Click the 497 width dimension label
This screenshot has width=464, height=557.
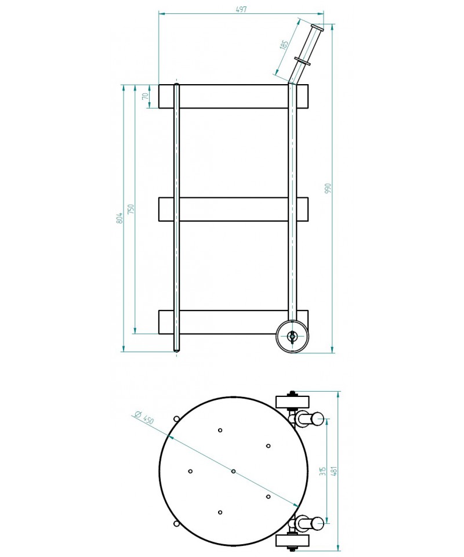tap(241, 9)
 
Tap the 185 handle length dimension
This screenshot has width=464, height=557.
tap(284, 45)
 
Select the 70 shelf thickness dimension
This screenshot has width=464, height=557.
tap(145, 96)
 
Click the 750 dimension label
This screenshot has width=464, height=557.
tap(130, 208)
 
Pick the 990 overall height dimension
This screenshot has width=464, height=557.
tap(328, 188)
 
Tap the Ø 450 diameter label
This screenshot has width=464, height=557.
tap(144, 417)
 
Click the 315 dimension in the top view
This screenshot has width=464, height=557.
tap(322, 471)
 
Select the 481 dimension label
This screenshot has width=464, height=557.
tap(333, 471)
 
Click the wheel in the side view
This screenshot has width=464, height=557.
tap(292, 336)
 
